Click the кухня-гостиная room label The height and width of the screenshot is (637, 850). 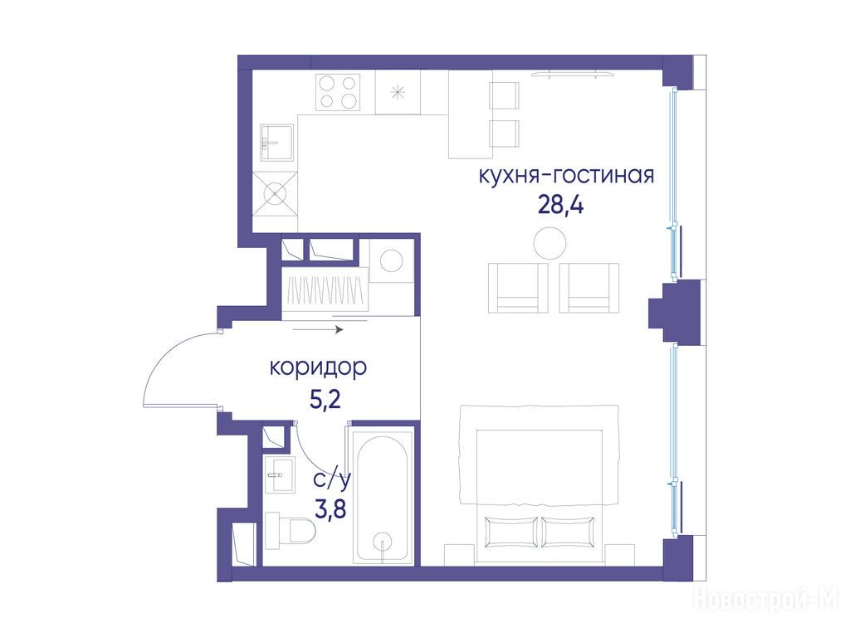[x=566, y=176]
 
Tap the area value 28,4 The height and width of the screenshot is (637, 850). [x=560, y=206]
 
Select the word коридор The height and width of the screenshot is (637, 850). [x=318, y=368]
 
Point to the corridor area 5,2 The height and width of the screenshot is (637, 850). [x=325, y=401]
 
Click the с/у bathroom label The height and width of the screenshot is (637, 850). [x=332, y=480]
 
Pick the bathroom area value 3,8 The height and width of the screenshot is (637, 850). [x=330, y=509]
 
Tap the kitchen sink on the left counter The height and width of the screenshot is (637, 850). [x=277, y=143]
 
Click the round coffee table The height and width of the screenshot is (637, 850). [x=550, y=243]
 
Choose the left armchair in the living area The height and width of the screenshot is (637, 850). [x=518, y=288]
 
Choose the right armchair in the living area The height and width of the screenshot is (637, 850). [x=589, y=288]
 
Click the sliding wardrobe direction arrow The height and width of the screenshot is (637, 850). [x=318, y=329]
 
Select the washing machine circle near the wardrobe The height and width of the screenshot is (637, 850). [x=392, y=260]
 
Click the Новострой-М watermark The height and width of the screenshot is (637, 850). [x=765, y=599]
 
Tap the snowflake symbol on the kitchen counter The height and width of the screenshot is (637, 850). [x=398, y=93]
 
